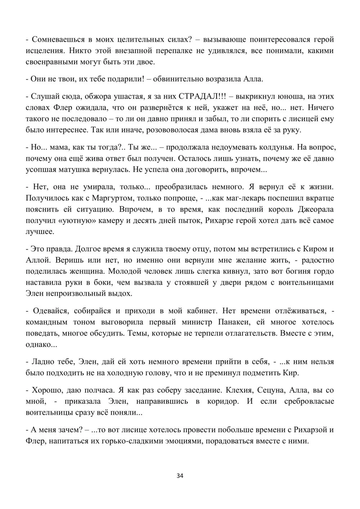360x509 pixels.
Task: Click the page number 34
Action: pos(180,476)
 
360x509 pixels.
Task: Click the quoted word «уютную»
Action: pos(77,220)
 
